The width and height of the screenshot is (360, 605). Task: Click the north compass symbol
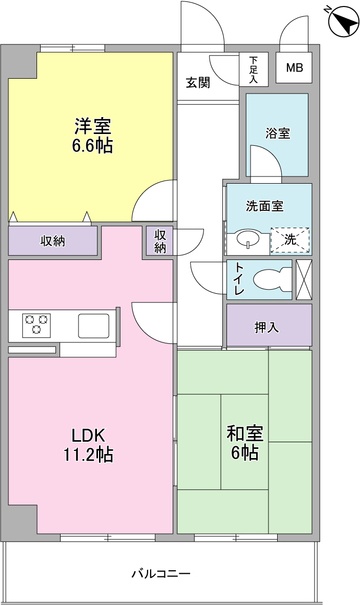point(343,22)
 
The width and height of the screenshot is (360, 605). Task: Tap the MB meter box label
point(294,68)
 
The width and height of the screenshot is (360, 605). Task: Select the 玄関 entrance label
point(198,82)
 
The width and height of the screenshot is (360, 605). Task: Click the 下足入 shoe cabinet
point(254,69)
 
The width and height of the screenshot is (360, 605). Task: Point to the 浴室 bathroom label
point(277,134)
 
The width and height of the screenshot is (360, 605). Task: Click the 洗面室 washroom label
point(264,206)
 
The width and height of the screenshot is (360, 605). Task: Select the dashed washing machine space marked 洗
point(290,240)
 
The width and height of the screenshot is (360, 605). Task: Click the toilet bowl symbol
point(272,279)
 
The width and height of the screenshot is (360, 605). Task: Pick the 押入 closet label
point(266,328)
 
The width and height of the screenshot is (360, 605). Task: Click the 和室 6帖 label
point(245,443)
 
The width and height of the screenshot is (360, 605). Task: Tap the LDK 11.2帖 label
point(88,445)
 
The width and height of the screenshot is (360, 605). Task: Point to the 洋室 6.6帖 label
point(93,136)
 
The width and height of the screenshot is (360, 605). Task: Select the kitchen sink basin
point(94,326)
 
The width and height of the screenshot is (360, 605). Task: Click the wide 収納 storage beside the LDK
point(53,241)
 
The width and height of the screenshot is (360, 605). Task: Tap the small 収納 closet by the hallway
point(160,241)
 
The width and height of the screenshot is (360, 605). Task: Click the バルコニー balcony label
point(161,573)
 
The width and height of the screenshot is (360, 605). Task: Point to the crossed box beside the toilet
point(304,279)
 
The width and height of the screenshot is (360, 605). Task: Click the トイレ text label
point(239,279)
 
